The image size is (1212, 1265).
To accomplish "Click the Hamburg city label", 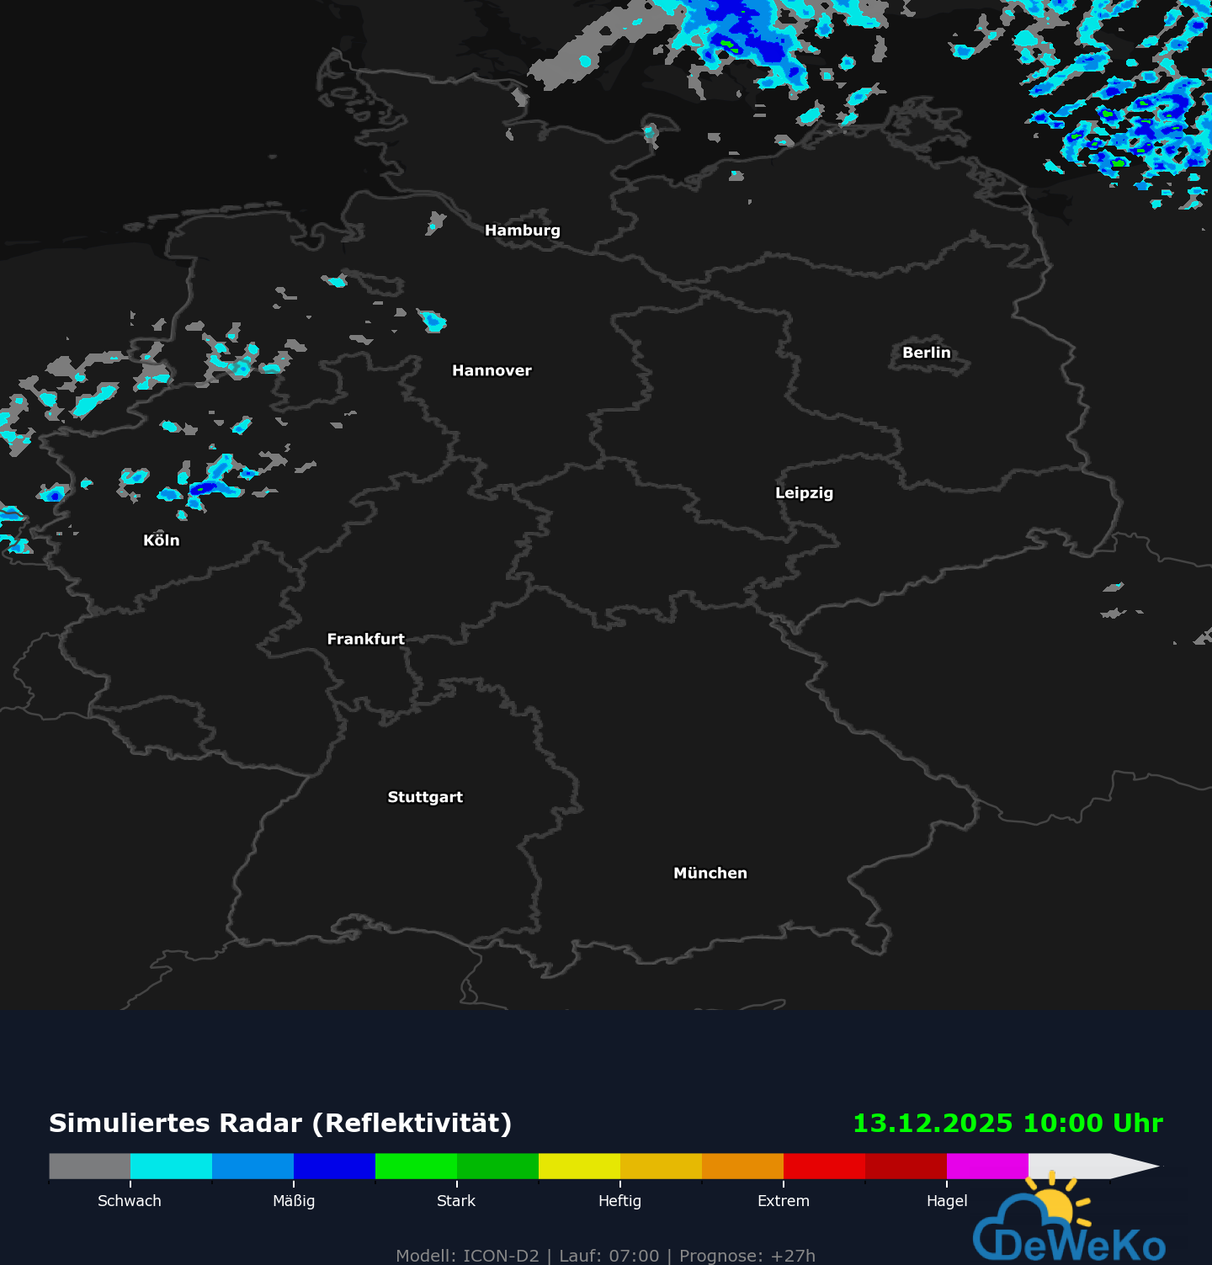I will coord(522,231).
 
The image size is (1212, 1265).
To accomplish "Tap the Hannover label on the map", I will coord(492,370).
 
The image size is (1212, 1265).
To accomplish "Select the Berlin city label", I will coord(926,353).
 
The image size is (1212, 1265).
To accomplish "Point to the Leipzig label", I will coord(804,493).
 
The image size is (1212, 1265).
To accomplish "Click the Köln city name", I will coord(161,540).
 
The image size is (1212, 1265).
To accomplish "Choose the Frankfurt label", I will coord(365,639).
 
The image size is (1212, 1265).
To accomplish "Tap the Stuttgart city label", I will coord(425,797).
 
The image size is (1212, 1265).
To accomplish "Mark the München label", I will coord(710,873).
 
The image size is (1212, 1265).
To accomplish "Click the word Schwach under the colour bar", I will coord(129,1201).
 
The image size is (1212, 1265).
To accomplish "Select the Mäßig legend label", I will coord(294,1201).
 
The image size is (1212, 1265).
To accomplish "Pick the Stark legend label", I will coord(456,1201).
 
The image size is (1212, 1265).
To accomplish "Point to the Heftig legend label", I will coord(619,1201).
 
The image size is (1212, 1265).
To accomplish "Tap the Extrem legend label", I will coord(783,1201).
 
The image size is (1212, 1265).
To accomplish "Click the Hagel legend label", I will coord(947,1201).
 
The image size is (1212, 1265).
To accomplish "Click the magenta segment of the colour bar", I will coord(987,1166).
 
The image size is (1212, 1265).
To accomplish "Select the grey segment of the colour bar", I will coord(89,1166).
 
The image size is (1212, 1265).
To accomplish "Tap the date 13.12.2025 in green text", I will coord(933,1124).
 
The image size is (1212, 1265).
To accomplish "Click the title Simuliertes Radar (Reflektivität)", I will coord(280,1124).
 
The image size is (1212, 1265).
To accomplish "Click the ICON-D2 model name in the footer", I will coord(501,1256).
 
